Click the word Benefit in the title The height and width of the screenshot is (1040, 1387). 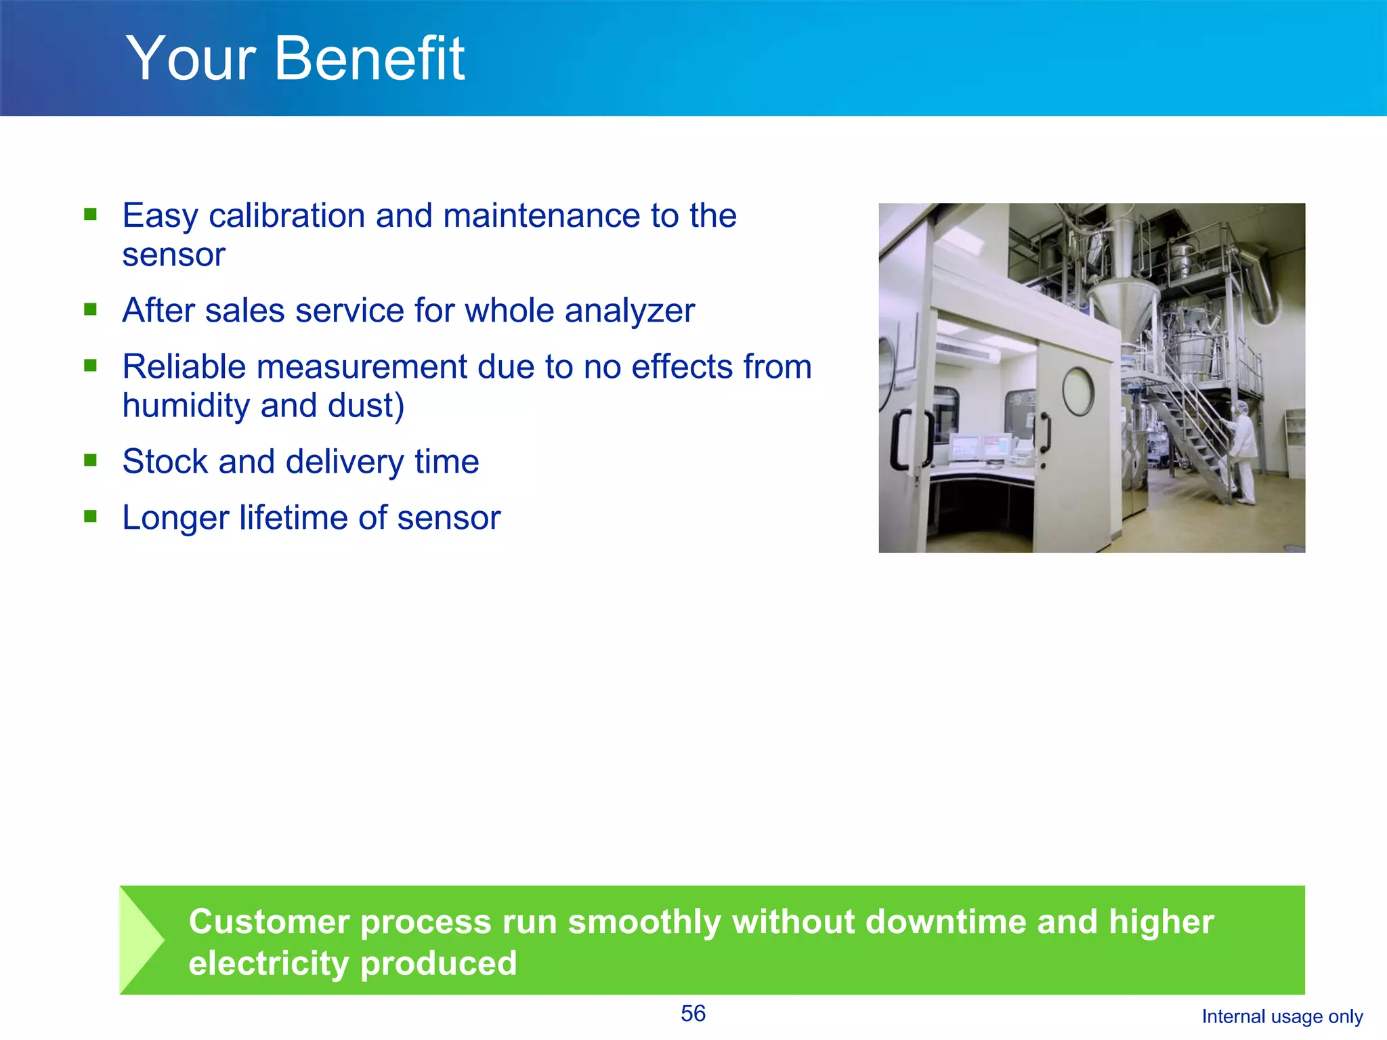(x=369, y=59)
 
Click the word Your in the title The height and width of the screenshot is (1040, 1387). (x=191, y=59)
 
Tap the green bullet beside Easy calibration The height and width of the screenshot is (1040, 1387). (x=91, y=215)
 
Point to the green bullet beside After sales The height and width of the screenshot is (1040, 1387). (x=91, y=309)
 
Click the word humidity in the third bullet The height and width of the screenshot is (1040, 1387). (x=186, y=406)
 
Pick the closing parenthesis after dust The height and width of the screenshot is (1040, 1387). (x=400, y=406)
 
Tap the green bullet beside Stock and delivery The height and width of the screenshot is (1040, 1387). (x=91, y=460)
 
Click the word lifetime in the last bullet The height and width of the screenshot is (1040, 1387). (x=293, y=518)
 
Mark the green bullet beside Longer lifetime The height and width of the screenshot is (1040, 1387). (x=91, y=517)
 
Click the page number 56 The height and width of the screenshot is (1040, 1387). (x=693, y=1014)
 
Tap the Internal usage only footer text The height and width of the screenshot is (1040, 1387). (x=1281, y=1016)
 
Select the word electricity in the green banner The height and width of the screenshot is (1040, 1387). (x=268, y=963)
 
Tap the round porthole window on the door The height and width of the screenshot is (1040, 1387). (x=1078, y=391)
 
